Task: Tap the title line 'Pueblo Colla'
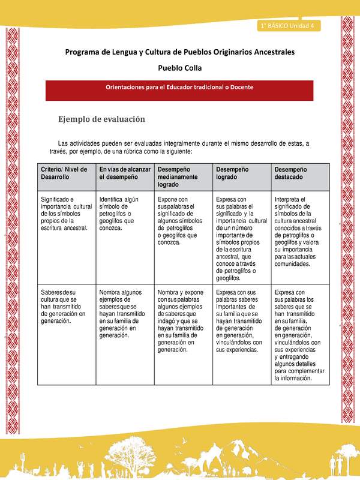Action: coord(179,68)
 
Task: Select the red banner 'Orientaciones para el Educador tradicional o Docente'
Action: coord(179,87)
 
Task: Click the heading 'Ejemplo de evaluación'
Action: coord(101,119)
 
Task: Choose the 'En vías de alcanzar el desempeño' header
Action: coord(125,174)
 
